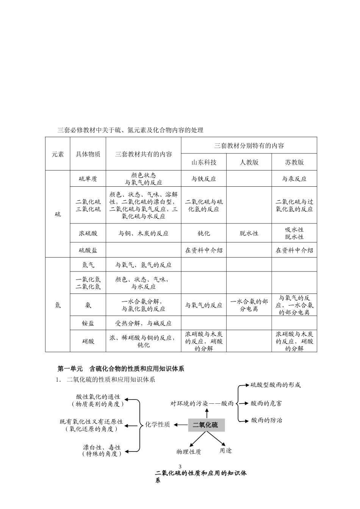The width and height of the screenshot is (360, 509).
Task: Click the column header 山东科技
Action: (x=204, y=162)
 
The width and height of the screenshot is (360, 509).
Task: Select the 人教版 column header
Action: (x=249, y=162)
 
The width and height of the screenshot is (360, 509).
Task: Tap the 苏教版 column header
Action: (x=294, y=162)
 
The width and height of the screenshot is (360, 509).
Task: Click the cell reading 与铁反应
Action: (x=204, y=179)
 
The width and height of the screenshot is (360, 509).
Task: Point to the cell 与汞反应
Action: (x=294, y=179)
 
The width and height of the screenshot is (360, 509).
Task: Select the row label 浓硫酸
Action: (x=88, y=233)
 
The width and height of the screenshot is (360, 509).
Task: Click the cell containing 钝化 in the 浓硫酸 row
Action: (x=204, y=233)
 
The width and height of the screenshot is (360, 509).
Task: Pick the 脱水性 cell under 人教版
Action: (x=249, y=233)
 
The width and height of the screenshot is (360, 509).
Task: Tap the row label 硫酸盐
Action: (x=88, y=250)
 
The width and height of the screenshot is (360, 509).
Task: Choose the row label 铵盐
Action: (x=88, y=323)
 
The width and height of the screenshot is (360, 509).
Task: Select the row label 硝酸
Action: (x=88, y=341)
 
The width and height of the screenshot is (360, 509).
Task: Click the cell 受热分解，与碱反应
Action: (x=144, y=323)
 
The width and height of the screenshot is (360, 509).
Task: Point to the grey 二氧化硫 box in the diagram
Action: (x=206, y=425)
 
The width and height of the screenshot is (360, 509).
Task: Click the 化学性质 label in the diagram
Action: (x=158, y=425)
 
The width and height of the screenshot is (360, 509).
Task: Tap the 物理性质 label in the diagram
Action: (x=189, y=451)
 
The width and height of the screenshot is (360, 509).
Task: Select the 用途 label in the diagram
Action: (x=225, y=451)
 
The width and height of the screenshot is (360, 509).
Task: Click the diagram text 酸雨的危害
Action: (x=266, y=403)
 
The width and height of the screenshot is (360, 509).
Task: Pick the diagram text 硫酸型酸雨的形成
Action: (x=275, y=385)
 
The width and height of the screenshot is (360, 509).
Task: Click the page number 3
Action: (x=180, y=467)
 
